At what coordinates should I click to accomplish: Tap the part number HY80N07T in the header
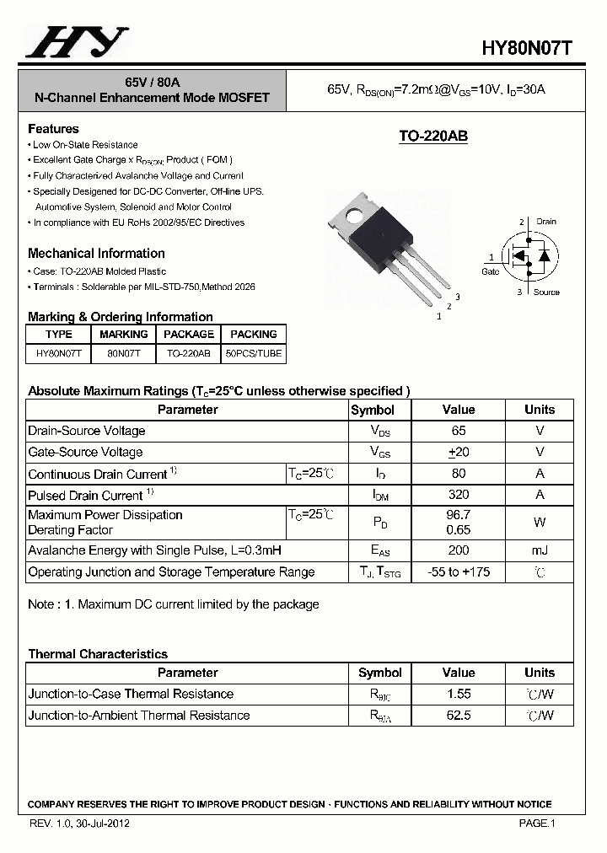[527, 49]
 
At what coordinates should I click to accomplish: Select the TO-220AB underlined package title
[432, 137]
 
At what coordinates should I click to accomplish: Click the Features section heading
[53, 129]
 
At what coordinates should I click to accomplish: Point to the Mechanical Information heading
[96, 253]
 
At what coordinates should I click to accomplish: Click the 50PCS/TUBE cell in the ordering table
[254, 354]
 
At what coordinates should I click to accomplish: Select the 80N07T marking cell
[123, 354]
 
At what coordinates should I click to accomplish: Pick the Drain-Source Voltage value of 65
[458, 431]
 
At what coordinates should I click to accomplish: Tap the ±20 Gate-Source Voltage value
[458, 452]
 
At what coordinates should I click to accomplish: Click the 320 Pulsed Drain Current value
[458, 495]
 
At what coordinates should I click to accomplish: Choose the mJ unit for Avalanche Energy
[540, 550]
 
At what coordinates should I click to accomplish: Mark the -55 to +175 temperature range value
[458, 571]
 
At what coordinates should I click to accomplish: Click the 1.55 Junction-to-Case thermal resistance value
[458, 694]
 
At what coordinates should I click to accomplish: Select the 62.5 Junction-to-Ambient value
[458, 715]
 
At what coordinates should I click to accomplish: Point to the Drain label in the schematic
[545, 222]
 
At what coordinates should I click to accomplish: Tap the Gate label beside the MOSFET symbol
[490, 271]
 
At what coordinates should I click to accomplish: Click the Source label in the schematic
[546, 292]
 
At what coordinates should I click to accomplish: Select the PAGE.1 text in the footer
[536, 823]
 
